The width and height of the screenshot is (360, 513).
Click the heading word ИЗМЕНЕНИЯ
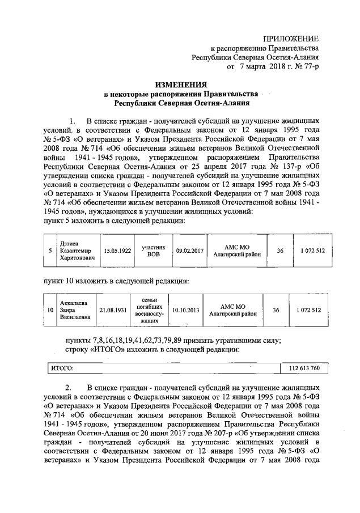(180, 83)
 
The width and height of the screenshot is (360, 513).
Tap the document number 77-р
(308, 66)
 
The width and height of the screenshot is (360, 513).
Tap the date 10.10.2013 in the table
(185, 310)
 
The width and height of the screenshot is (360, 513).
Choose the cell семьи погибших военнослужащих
(150, 310)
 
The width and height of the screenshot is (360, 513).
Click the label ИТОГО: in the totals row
(63, 368)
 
